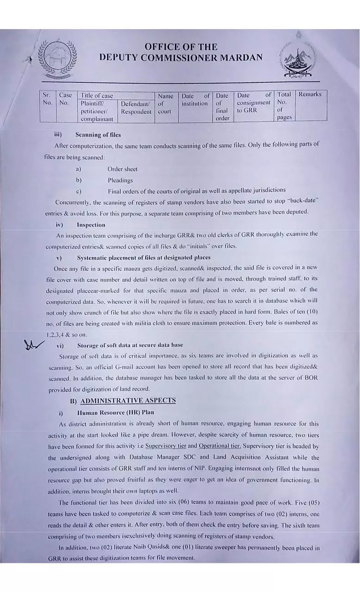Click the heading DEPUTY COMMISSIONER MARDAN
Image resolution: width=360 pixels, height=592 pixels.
(180, 58)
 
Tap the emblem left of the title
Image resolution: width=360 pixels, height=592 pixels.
(58, 59)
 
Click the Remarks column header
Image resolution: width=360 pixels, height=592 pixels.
(310, 95)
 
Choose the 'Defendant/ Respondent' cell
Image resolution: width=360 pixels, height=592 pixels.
(136, 108)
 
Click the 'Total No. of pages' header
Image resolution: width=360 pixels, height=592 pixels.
(284, 106)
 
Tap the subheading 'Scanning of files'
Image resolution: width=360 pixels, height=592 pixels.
(98, 135)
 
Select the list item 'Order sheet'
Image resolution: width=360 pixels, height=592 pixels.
(122, 169)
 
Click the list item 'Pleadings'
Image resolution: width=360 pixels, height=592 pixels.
(120, 180)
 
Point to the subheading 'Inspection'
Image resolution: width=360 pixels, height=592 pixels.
(91, 225)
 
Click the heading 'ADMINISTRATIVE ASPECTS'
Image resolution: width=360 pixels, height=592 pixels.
(128, 401)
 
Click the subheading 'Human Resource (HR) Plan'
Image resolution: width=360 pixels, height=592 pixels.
(115, 412)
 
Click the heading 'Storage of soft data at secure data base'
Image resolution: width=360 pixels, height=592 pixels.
(130, 345)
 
